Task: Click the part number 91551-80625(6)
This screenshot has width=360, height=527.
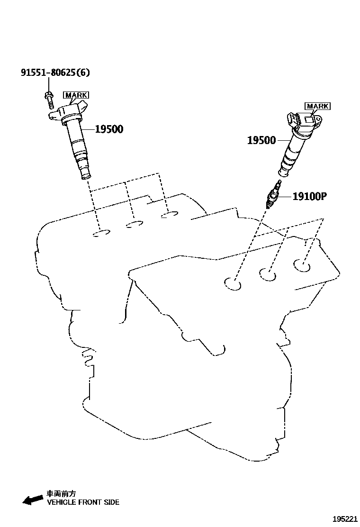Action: [x=55, y=73]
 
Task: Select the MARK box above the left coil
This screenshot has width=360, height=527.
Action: [x=76, y=95]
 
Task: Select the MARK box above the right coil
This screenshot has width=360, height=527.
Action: [x=317, y=106]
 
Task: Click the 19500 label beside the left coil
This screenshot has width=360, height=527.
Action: [x=109, y=129]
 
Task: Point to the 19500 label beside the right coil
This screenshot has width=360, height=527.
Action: [x=261, y=140]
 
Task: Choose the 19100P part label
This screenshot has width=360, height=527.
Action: [x=310, y=196]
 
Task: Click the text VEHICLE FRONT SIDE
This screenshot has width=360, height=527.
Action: [x=83, y=502]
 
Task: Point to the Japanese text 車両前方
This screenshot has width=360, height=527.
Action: [x=61, y=493]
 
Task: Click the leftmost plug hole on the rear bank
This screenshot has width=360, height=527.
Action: [x=101, y=233]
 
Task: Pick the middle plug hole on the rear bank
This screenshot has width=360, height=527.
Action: [x=135, y=224]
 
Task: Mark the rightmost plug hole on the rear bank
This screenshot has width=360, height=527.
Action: [x=169, y=216]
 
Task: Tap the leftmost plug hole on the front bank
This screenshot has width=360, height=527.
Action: [x=233, y=284]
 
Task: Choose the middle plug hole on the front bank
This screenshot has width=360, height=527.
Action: [x=268, y=274]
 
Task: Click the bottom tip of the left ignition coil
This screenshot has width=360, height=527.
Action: [x=86, y=176]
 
